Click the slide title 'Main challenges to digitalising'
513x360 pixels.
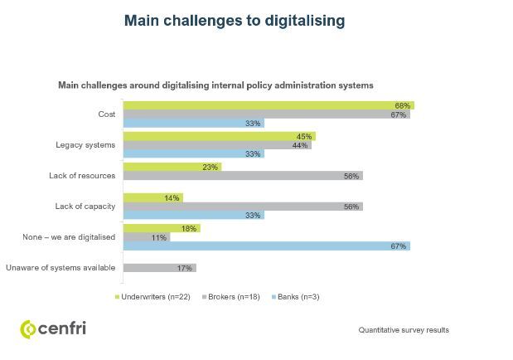[234, 21]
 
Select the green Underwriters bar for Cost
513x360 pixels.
[268, 105]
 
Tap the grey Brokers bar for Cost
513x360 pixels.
[266, 114]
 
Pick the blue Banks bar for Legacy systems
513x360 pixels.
[193, 153]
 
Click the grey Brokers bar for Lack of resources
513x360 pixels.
[242, 176]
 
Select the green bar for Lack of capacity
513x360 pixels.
[152, 197]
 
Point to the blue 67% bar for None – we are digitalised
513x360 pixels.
[266, 246]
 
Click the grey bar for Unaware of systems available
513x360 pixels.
[159, 268]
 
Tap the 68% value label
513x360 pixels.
[403, 105]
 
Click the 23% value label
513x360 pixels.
[211, 167]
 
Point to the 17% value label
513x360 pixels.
[185, 268]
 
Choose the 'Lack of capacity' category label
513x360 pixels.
[92, 207]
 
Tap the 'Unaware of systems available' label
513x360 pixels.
[61, 268]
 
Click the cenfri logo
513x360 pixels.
[53, 328]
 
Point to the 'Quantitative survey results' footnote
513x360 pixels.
[403, 330]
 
